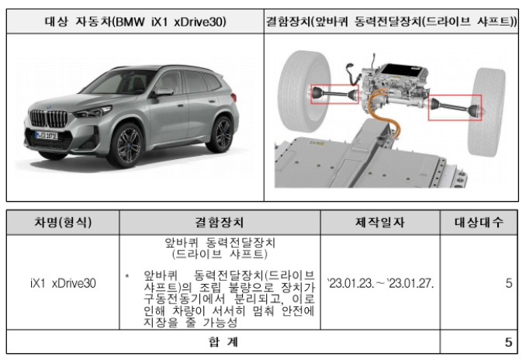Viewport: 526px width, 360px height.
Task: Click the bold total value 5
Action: click(x=508, y=342)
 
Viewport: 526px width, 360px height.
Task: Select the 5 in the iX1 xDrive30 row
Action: click(x=508, y=283)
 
